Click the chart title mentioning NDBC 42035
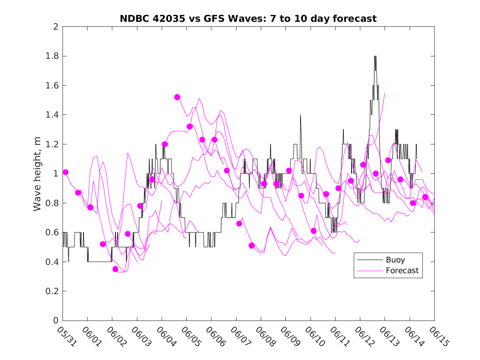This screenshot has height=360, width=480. (248, 19)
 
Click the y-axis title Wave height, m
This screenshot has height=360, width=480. (37, 174)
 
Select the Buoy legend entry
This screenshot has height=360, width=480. (395, 260)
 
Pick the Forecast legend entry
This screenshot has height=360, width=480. (402, 271)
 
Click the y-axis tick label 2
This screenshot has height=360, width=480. (55, 27)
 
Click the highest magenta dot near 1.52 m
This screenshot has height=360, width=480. (177, 97)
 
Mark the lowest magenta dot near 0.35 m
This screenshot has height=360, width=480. (115, 269)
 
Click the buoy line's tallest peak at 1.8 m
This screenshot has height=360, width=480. (375, 56)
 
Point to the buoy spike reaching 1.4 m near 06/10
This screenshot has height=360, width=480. (301, 115)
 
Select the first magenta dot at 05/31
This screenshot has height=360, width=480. (65, 172)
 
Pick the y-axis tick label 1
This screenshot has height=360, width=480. (55, 174)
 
